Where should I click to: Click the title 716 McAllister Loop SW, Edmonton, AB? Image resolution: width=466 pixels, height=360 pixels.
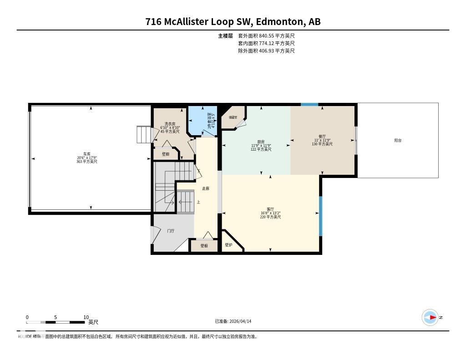233,22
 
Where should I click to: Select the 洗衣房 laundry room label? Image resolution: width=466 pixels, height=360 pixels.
170,124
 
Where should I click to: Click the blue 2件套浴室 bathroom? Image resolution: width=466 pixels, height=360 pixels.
203,120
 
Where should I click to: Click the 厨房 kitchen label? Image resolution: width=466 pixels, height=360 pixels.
261,142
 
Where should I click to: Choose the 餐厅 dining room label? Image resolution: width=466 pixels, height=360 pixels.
322,136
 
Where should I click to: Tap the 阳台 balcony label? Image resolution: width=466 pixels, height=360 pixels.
398,140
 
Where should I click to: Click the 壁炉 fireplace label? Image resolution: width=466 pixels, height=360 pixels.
228,245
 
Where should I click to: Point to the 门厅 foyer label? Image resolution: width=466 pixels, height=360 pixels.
171,231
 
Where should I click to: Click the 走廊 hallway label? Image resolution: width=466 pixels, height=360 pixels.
206,188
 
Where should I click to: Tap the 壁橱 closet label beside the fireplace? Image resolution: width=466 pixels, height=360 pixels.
204,246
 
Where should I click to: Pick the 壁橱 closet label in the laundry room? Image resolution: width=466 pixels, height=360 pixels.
166,154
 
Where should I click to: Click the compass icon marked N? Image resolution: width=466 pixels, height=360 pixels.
430,317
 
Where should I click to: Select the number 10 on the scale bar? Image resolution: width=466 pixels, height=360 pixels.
86,317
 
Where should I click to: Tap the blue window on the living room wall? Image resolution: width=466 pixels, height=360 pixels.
320,216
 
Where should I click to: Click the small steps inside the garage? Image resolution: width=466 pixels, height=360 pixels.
143,134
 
